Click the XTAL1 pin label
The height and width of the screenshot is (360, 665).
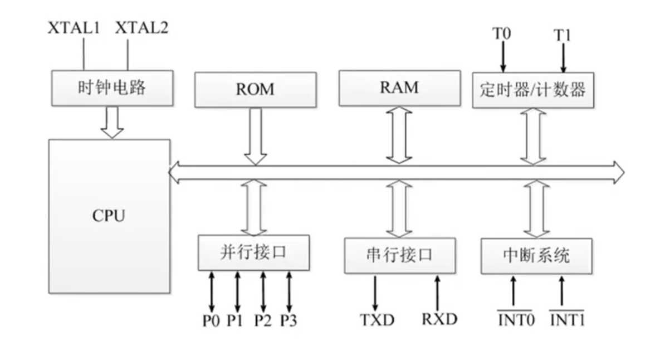coord(74,28)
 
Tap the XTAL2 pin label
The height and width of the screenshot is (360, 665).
coord(141,28)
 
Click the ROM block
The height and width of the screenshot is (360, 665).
coord(255,89)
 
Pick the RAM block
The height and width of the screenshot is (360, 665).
coord(399,87)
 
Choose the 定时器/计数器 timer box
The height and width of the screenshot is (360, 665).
coord(532,89)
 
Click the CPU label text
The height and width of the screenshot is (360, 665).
coord(109,216)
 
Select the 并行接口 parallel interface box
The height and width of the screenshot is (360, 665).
coord(253,252)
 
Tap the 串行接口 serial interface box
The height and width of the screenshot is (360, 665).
coord(399,255)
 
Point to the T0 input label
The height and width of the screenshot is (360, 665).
coord(501,33)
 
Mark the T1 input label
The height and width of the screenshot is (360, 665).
coord(563,35)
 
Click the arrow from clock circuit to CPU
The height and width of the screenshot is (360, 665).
coord(112,122)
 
